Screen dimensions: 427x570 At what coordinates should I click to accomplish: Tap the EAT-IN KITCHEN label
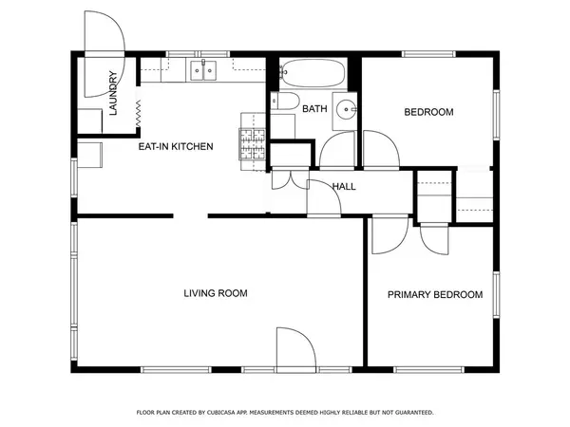pos(176,147)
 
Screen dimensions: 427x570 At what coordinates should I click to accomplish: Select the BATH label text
pos(314,110)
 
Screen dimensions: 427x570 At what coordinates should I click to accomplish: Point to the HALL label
pos(344,186)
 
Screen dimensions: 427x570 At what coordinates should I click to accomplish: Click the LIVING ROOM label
pos(216,293)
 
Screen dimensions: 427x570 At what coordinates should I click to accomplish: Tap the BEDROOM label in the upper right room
pos(429,112)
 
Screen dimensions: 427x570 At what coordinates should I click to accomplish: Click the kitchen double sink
pos(202,69)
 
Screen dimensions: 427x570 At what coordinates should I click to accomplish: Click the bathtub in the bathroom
pos(313,71)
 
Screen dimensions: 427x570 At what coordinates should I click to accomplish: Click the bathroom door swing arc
pos(336,150)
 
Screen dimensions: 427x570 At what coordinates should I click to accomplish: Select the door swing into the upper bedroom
pos(381,149)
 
